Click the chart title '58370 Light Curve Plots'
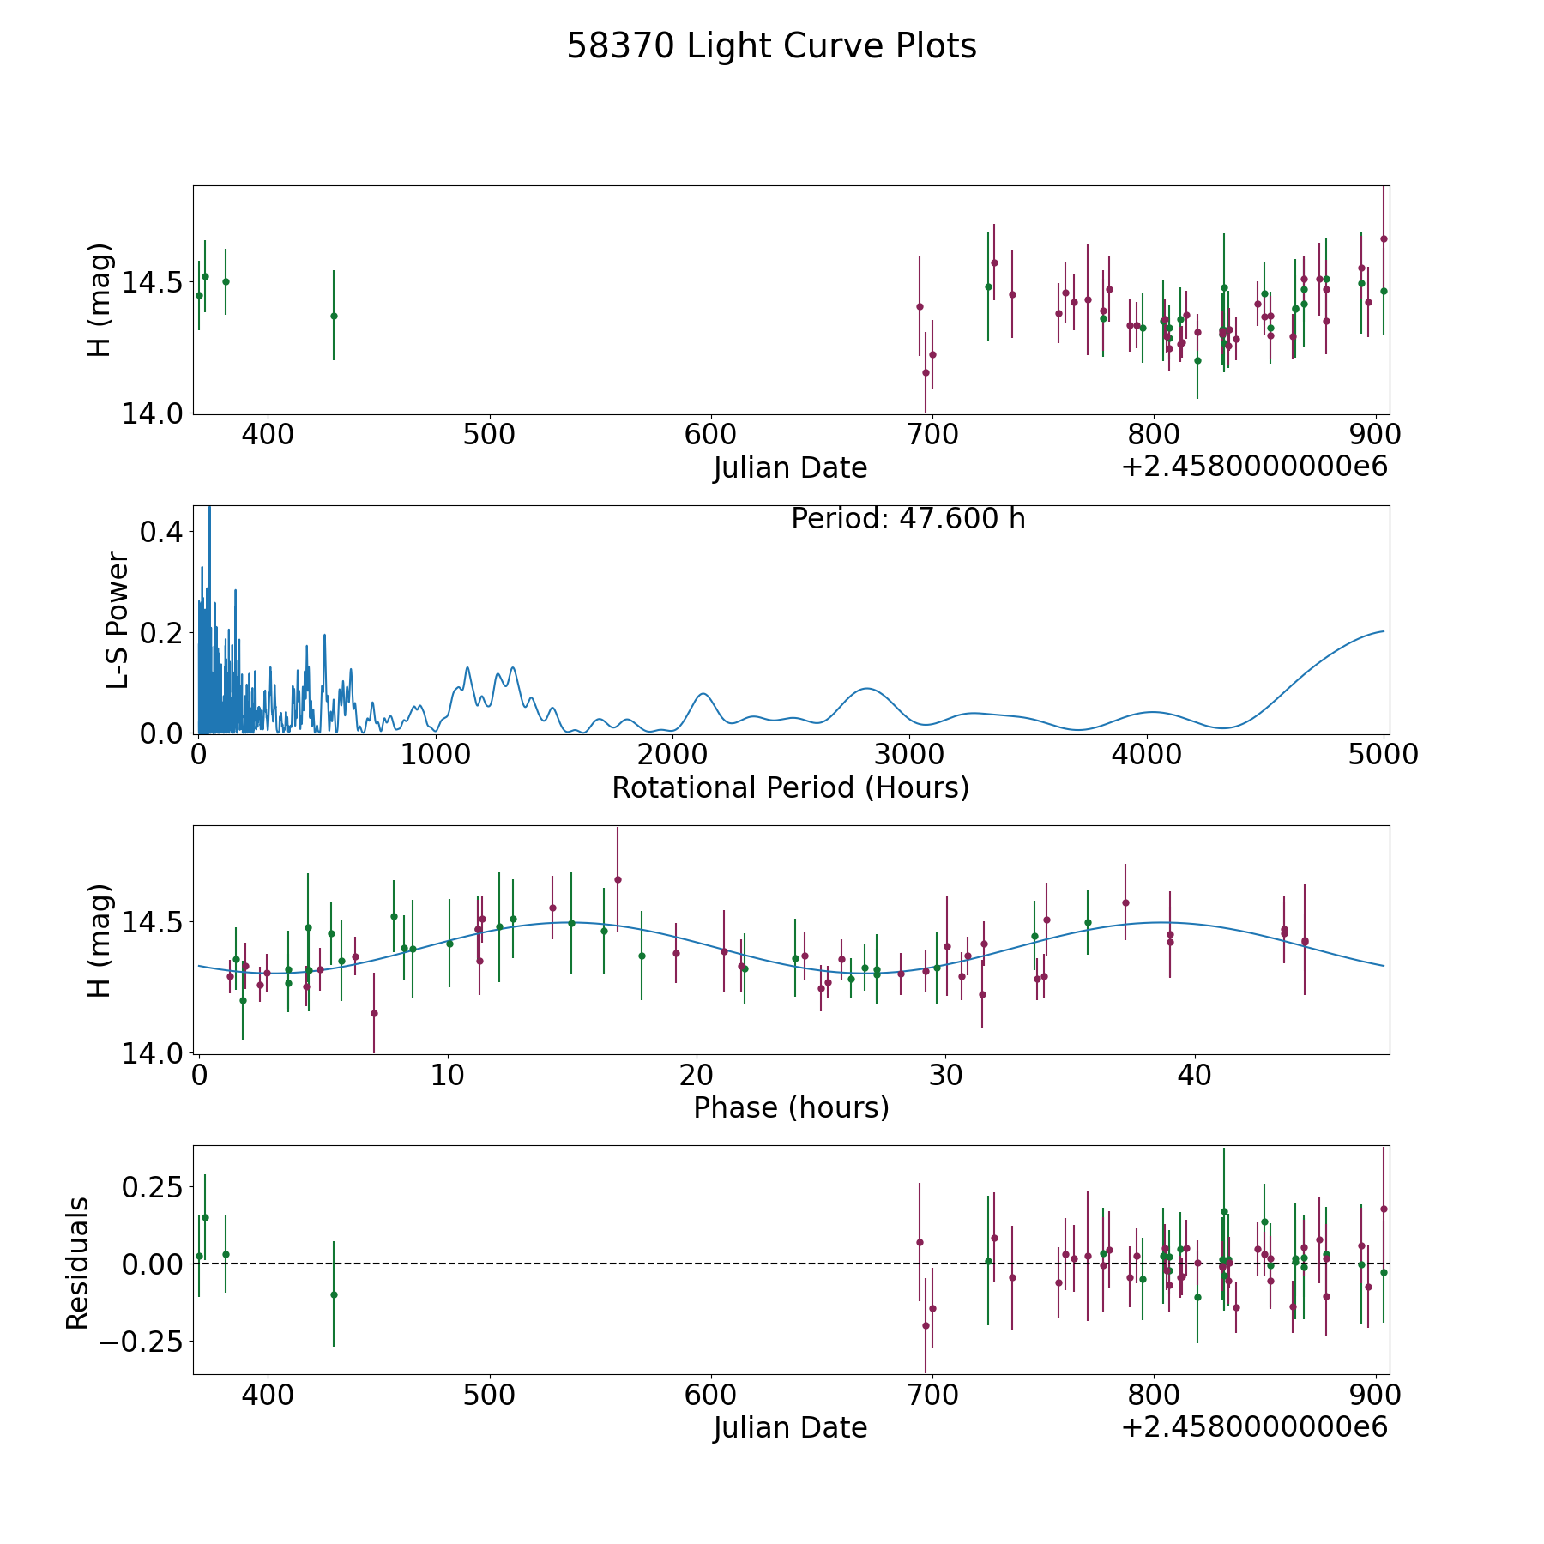click(771, 46)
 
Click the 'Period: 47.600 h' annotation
click(908, 519)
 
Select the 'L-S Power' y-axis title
click(118, 619)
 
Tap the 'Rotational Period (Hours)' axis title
click(790, 787)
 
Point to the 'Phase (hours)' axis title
click(791, 1107)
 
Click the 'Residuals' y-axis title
click(78, 1264)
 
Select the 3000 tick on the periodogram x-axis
click(909, 755)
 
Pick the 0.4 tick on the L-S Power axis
click(161, 532)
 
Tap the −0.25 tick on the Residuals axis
click(143, 1342)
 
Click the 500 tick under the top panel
click(489, 435)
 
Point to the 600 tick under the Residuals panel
click(711, 1395)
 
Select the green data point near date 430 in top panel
click(334, 316)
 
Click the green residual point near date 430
click(334, 1294)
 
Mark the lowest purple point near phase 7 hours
click(374, 1013)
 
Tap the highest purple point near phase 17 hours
click(618, 879)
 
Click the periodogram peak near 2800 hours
click(867, 688)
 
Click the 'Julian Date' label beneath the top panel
click(790, 468)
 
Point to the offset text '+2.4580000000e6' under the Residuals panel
click(1254, 1427)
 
